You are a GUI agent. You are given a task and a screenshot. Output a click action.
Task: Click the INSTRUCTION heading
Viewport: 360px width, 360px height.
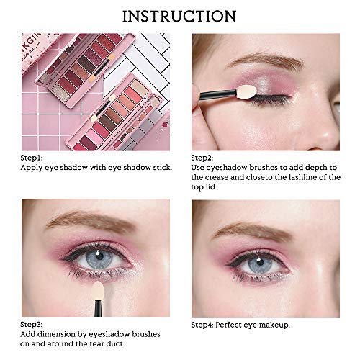point(179,17)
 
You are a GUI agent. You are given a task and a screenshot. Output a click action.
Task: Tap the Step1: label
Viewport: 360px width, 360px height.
point(32,158)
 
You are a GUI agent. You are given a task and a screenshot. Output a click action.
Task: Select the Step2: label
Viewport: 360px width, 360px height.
point(202,158)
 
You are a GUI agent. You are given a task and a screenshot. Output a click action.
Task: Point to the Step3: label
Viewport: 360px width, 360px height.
point(31,325)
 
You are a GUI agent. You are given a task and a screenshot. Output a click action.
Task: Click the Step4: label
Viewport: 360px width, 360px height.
point(202,325)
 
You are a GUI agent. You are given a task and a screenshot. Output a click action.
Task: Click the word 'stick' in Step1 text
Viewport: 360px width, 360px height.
point(162,167)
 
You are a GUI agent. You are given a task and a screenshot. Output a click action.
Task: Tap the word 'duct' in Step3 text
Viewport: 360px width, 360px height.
point(117,343)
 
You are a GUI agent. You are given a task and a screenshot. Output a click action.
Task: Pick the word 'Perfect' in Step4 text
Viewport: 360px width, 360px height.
point(228,325)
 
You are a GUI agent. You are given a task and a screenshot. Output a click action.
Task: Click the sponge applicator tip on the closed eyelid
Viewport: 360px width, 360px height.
point(249,90)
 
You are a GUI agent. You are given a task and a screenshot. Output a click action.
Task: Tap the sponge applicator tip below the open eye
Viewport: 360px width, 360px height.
point(98,291)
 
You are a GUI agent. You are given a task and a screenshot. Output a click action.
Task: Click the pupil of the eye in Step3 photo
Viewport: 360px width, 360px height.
point(99,256)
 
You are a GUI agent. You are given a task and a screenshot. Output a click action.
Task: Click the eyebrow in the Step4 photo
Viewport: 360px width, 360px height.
point(250,230)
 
